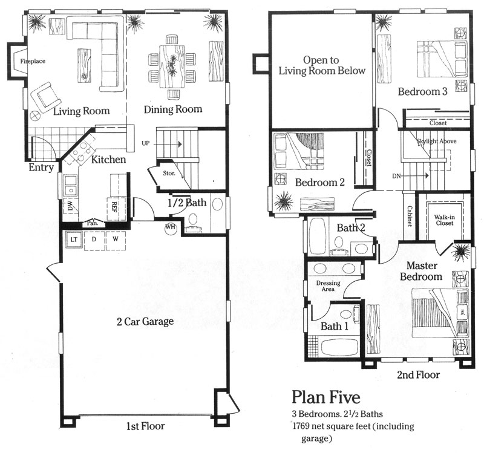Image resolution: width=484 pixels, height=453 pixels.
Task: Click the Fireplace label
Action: point(33,61)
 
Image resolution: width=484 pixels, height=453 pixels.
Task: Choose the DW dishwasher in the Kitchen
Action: point(70,205)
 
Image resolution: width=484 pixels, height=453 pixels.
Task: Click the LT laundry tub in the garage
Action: point(73,240)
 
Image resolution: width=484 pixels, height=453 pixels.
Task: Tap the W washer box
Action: point(116,240)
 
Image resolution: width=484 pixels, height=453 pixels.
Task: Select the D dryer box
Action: point(94,240)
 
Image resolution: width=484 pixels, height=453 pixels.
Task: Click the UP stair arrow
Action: point(167,144)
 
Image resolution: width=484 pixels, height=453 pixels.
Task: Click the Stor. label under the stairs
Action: point(169,174)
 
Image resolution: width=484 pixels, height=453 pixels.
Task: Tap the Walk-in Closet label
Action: point(445,220)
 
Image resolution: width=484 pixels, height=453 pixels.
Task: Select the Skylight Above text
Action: point(436,141)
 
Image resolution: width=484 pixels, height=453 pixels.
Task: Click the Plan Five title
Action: point(326,397)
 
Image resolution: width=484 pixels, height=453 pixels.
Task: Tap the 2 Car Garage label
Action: point(145,322)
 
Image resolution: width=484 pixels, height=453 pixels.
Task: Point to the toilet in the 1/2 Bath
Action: point(194,220)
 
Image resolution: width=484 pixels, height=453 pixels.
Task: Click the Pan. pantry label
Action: point(93,223)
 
